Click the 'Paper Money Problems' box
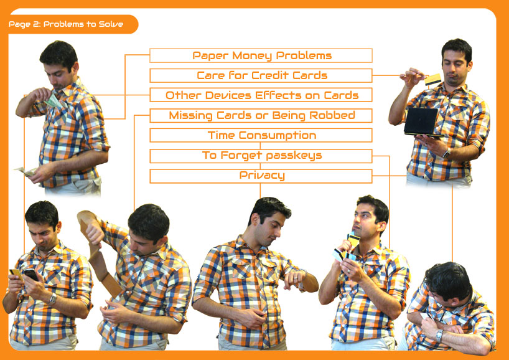[x=261, y=55]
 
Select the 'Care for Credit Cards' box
[x=261, y=75]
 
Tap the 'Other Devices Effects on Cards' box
[x=261, y=95]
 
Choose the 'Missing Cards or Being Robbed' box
[x=261, y=115]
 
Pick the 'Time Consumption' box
[x=261, y=135]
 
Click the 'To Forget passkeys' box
[x=261, y=156]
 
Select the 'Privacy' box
[x=261, y=176]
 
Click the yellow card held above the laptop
[x=433, y=80]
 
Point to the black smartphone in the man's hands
[x=31, y=274]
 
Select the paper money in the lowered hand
[x=27, y=171]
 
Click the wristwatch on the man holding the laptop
[x=447, y=153]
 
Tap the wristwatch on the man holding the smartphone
[x=53, y=298]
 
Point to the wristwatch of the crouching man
[x=439, y=335]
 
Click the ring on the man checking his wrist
[x=295, y=278]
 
